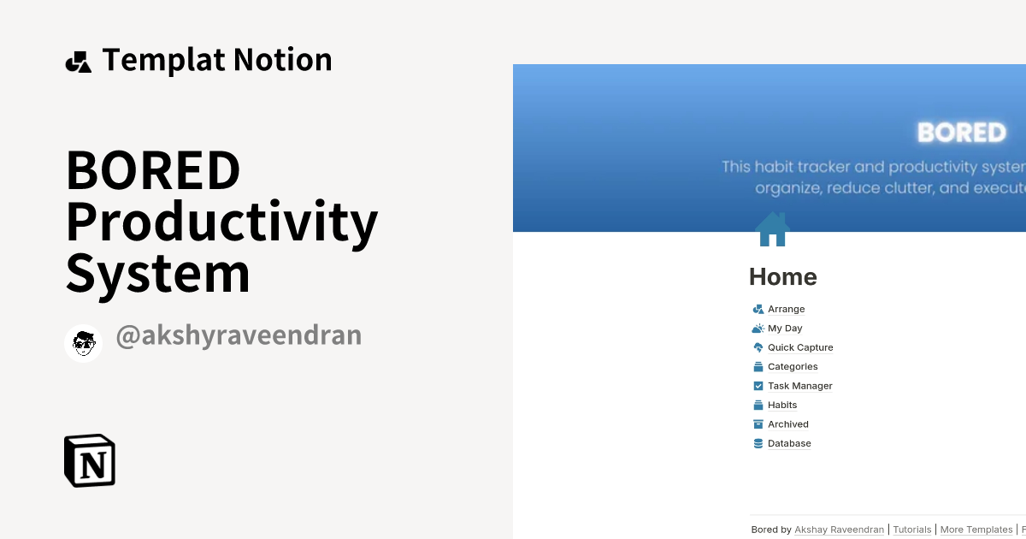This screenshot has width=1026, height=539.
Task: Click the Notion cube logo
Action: (90, 460)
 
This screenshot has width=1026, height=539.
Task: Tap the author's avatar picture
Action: (83, 343)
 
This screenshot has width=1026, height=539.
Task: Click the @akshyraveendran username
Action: (239, 335)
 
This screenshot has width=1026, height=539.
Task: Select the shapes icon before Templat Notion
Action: (79, 62)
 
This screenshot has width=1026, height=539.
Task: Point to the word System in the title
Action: (157, 274)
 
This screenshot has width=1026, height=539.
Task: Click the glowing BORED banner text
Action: (961, 133)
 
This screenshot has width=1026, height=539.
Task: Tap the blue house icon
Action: (772, 229)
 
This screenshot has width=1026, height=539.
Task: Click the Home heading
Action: (782, 276)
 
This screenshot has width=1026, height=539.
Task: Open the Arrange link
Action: (786, 309)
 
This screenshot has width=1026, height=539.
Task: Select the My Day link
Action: (785, 329)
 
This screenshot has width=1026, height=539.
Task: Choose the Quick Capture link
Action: (800, 347)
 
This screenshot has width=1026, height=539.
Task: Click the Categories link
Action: (793, 367)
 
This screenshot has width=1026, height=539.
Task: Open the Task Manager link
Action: (799, 386)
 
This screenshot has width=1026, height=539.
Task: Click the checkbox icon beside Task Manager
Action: (758, 386)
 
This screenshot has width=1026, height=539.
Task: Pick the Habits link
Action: (781, 406)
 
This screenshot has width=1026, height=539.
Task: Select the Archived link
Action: (787, 424)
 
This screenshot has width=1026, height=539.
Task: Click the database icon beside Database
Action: (758, 443)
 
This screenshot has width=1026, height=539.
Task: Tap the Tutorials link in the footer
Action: (911, 530)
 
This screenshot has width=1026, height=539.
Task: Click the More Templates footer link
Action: (976, 530)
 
